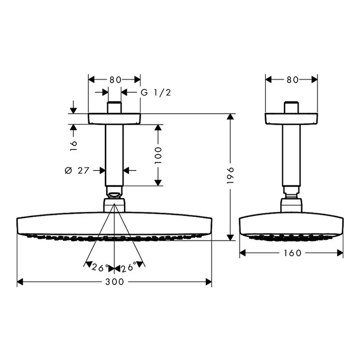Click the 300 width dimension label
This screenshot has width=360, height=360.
point(114,282)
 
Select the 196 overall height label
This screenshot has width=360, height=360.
point(230,175)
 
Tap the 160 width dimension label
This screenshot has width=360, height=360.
point(292,253)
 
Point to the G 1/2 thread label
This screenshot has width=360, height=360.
point(156,93)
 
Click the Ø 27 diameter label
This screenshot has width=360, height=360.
point(77,171)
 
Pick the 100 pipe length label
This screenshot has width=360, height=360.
point(158,156)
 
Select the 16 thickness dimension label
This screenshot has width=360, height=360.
point(74,145)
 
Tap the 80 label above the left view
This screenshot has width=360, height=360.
point(115,80)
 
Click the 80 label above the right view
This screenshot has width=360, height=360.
point(292,80)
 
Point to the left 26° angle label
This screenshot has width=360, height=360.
point(100,267)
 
